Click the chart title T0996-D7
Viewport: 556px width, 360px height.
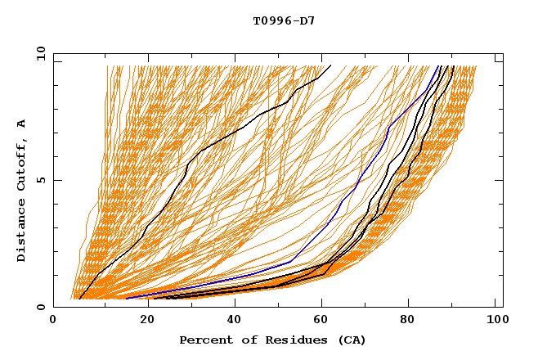tap(277, 20)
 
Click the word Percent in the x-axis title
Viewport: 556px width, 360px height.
tap(204, 340)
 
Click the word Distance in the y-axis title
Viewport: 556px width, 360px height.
tap(21, 232)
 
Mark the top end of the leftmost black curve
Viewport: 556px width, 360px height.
tap(330, 66)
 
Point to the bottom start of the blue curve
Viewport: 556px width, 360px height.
tap(125, 299)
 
